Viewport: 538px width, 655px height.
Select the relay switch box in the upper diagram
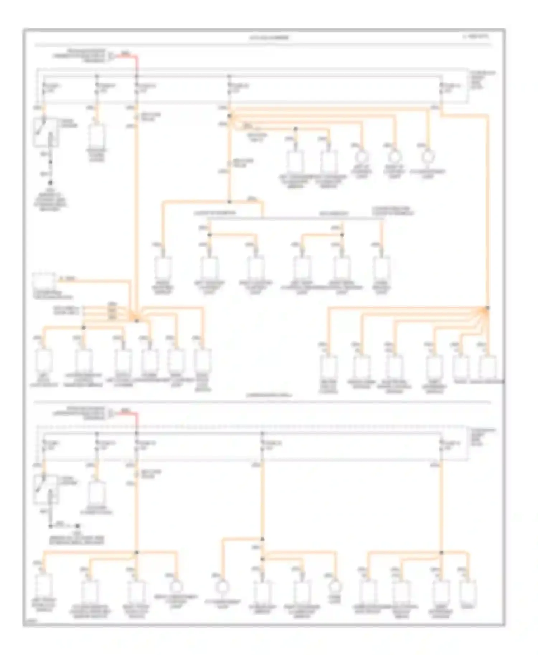(46, 133)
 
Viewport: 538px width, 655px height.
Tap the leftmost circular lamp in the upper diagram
(362, 157)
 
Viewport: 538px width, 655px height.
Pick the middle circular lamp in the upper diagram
(394, 157)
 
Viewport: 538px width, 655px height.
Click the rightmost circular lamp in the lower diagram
(336, 587)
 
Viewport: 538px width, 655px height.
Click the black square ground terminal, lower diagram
(77, 526)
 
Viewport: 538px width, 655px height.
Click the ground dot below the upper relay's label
(51, 183)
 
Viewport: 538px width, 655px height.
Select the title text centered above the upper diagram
(269, 38)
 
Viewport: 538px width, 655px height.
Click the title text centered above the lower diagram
(269, 396)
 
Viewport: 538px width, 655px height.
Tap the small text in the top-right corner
(476, 36)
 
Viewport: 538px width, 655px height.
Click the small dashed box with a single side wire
(44, 281)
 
